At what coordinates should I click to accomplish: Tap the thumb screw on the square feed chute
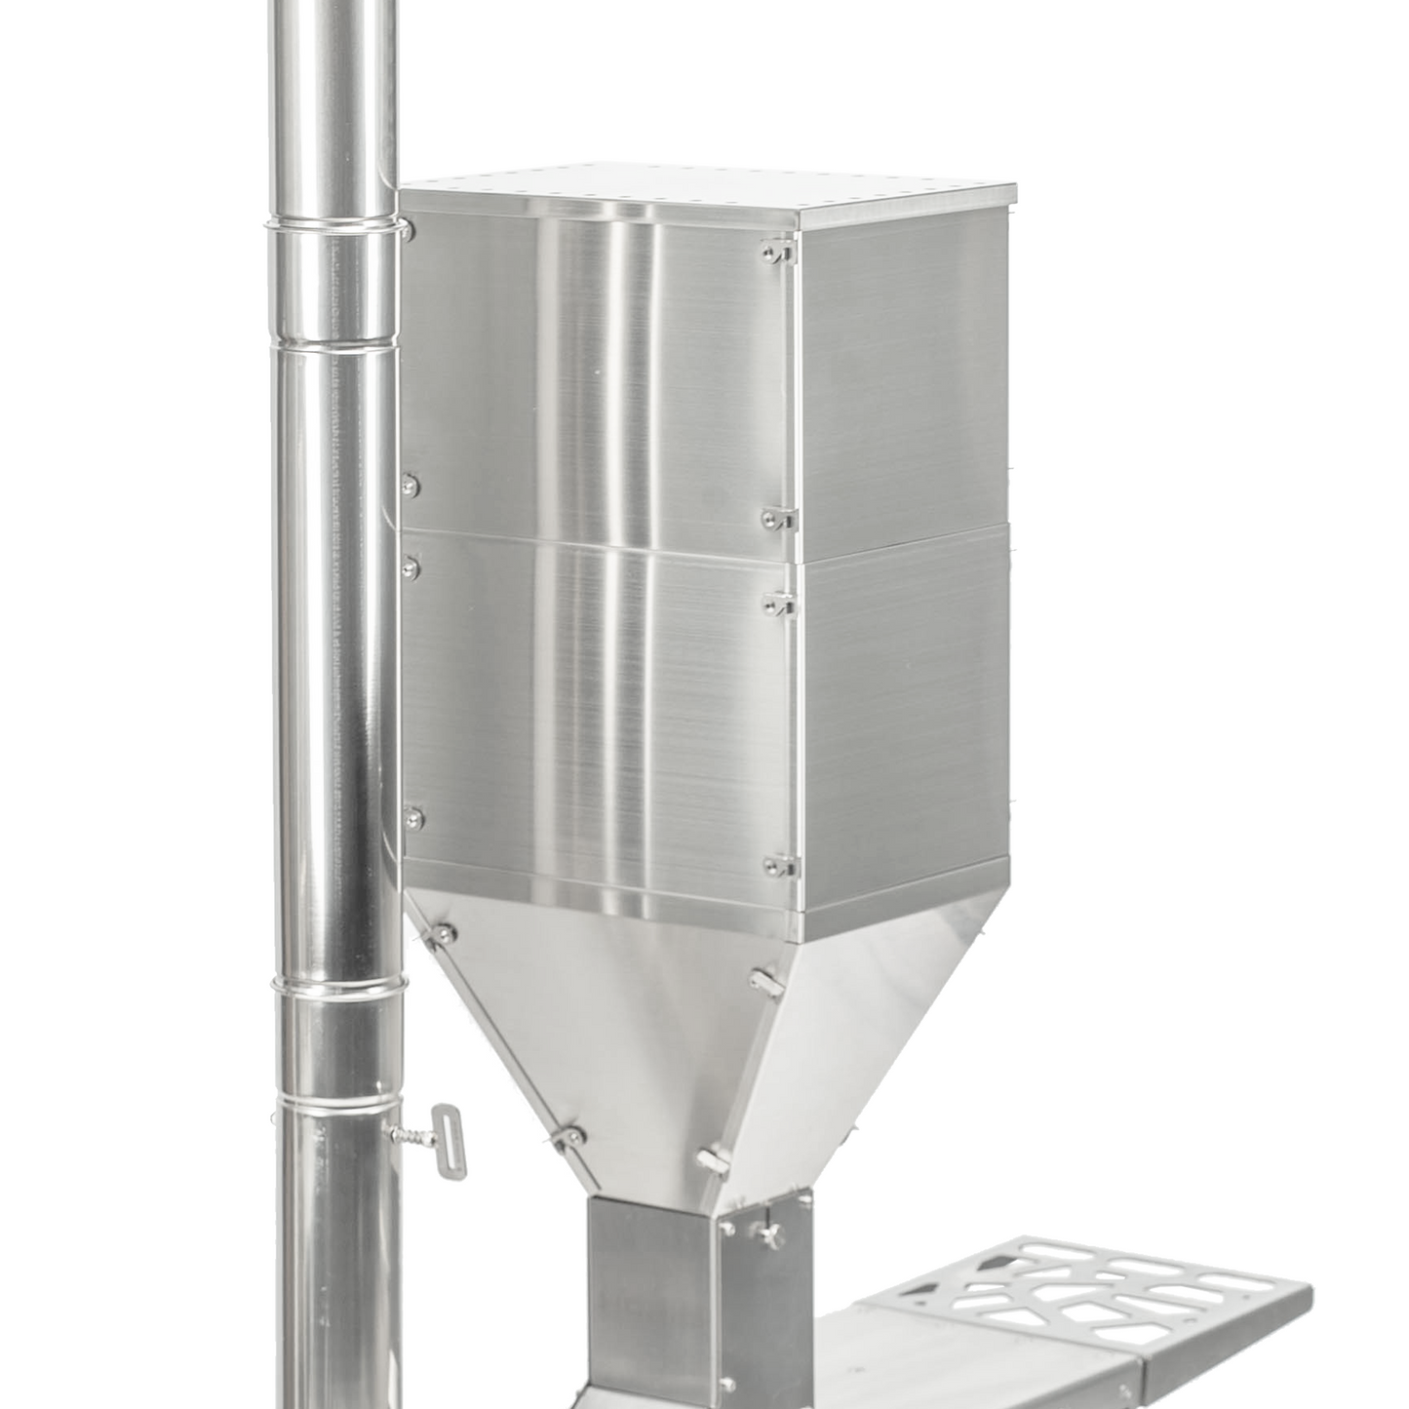tap(772, 1237)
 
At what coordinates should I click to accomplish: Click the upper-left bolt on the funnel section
tap(443, 934)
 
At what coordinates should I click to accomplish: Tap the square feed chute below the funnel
tap(653, 1287)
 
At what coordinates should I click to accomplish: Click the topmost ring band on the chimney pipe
tap(332, 225)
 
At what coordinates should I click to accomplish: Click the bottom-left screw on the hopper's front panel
tap(413, 819)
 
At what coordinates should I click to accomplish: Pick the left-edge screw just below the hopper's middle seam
tap(411, 568)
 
